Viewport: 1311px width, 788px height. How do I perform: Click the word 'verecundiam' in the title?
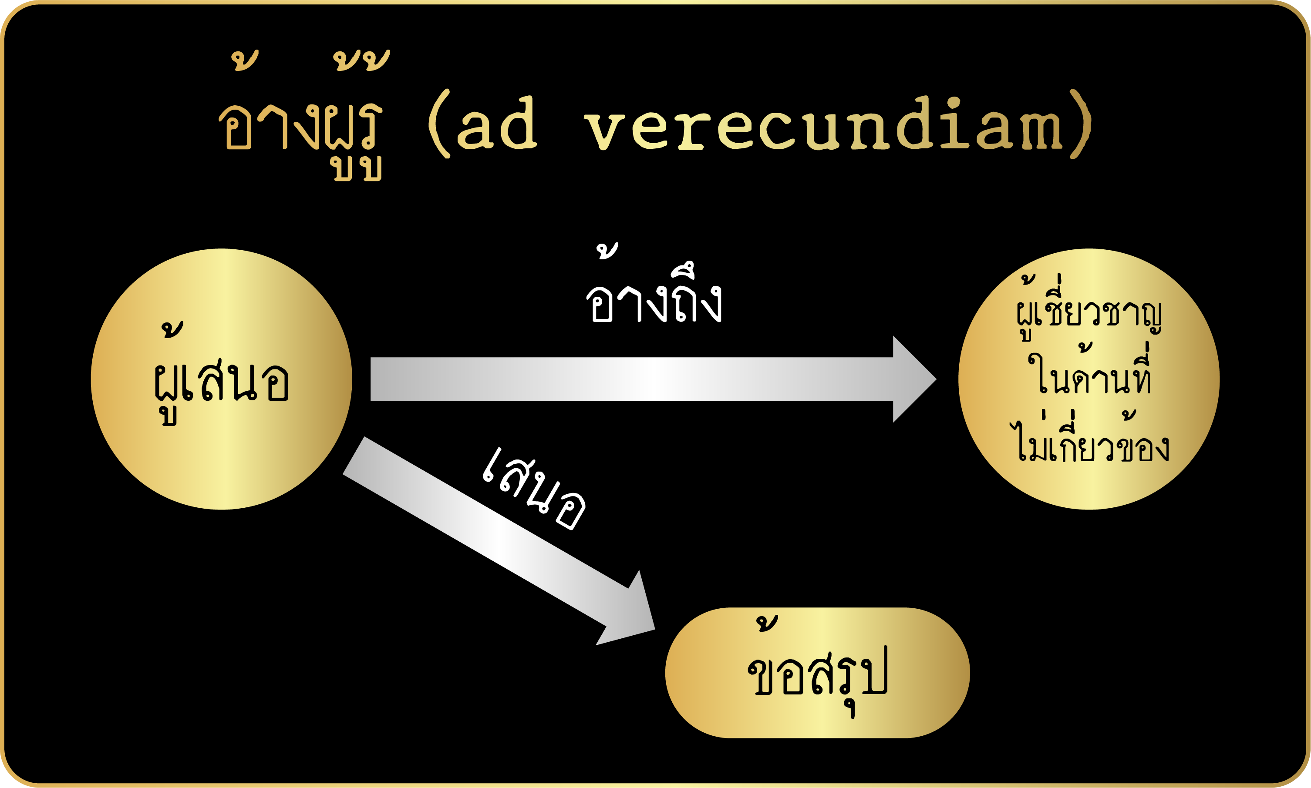click(823, 123)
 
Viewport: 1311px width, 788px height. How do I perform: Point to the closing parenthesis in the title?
click(1081, 123)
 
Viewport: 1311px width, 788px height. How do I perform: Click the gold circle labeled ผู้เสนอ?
click(222, 379)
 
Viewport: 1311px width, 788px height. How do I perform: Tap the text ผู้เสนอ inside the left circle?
click(221, 374)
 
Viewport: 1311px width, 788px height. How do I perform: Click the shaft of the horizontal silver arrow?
click(632, 379)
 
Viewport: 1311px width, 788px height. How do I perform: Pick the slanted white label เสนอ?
click(533, 489)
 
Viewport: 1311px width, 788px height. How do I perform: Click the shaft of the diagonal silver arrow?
click(485, 531)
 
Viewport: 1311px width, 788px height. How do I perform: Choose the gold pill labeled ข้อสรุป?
click(818, 673)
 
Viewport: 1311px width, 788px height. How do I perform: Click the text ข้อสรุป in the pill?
click(818, 667)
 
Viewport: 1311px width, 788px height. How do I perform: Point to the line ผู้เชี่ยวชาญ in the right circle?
click(1089, 308)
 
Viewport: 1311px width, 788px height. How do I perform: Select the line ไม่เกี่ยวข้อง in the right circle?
click(1089, 436)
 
